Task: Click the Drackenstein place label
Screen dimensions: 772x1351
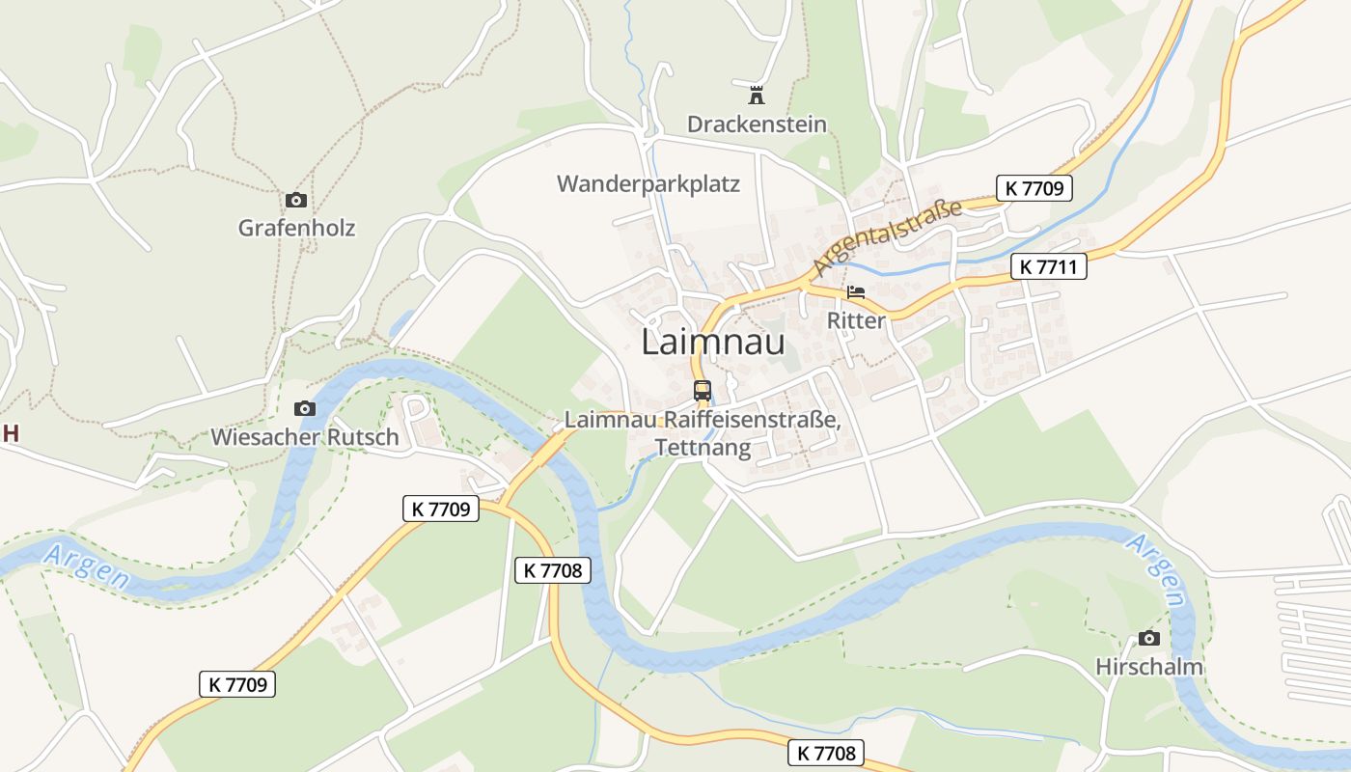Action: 757,124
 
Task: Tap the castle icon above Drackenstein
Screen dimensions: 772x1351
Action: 757,96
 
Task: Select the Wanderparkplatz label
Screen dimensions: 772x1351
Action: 648,183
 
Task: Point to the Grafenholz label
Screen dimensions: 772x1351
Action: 296,229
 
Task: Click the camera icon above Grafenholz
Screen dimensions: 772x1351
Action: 296,201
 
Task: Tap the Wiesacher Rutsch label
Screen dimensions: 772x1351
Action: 305,437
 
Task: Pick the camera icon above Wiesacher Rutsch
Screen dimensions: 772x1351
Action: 305,409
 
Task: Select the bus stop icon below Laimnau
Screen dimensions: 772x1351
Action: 703,391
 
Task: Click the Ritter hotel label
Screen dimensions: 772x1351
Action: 856,320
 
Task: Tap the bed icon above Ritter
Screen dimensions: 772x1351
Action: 856,292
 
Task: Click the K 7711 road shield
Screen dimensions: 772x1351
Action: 1049,266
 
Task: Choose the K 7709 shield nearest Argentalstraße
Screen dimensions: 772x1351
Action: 1034,188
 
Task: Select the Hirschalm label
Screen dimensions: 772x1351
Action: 1149,667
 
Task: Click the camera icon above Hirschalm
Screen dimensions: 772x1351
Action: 1148,639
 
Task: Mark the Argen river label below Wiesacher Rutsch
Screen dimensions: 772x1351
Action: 87,565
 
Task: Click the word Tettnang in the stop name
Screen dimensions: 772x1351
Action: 703,448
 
